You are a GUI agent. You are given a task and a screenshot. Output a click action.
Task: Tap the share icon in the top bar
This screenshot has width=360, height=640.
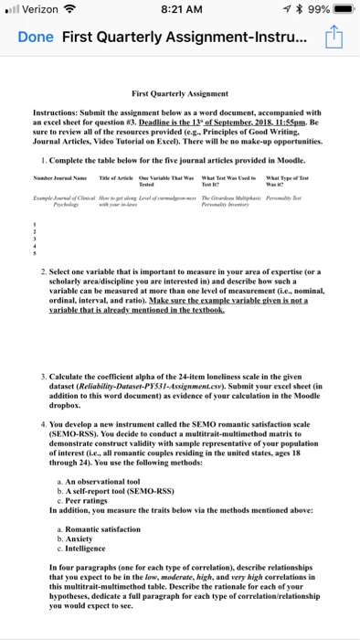coord(334,39)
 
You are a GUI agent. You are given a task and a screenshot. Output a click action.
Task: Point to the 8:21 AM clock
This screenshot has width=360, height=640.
coord(179,10)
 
